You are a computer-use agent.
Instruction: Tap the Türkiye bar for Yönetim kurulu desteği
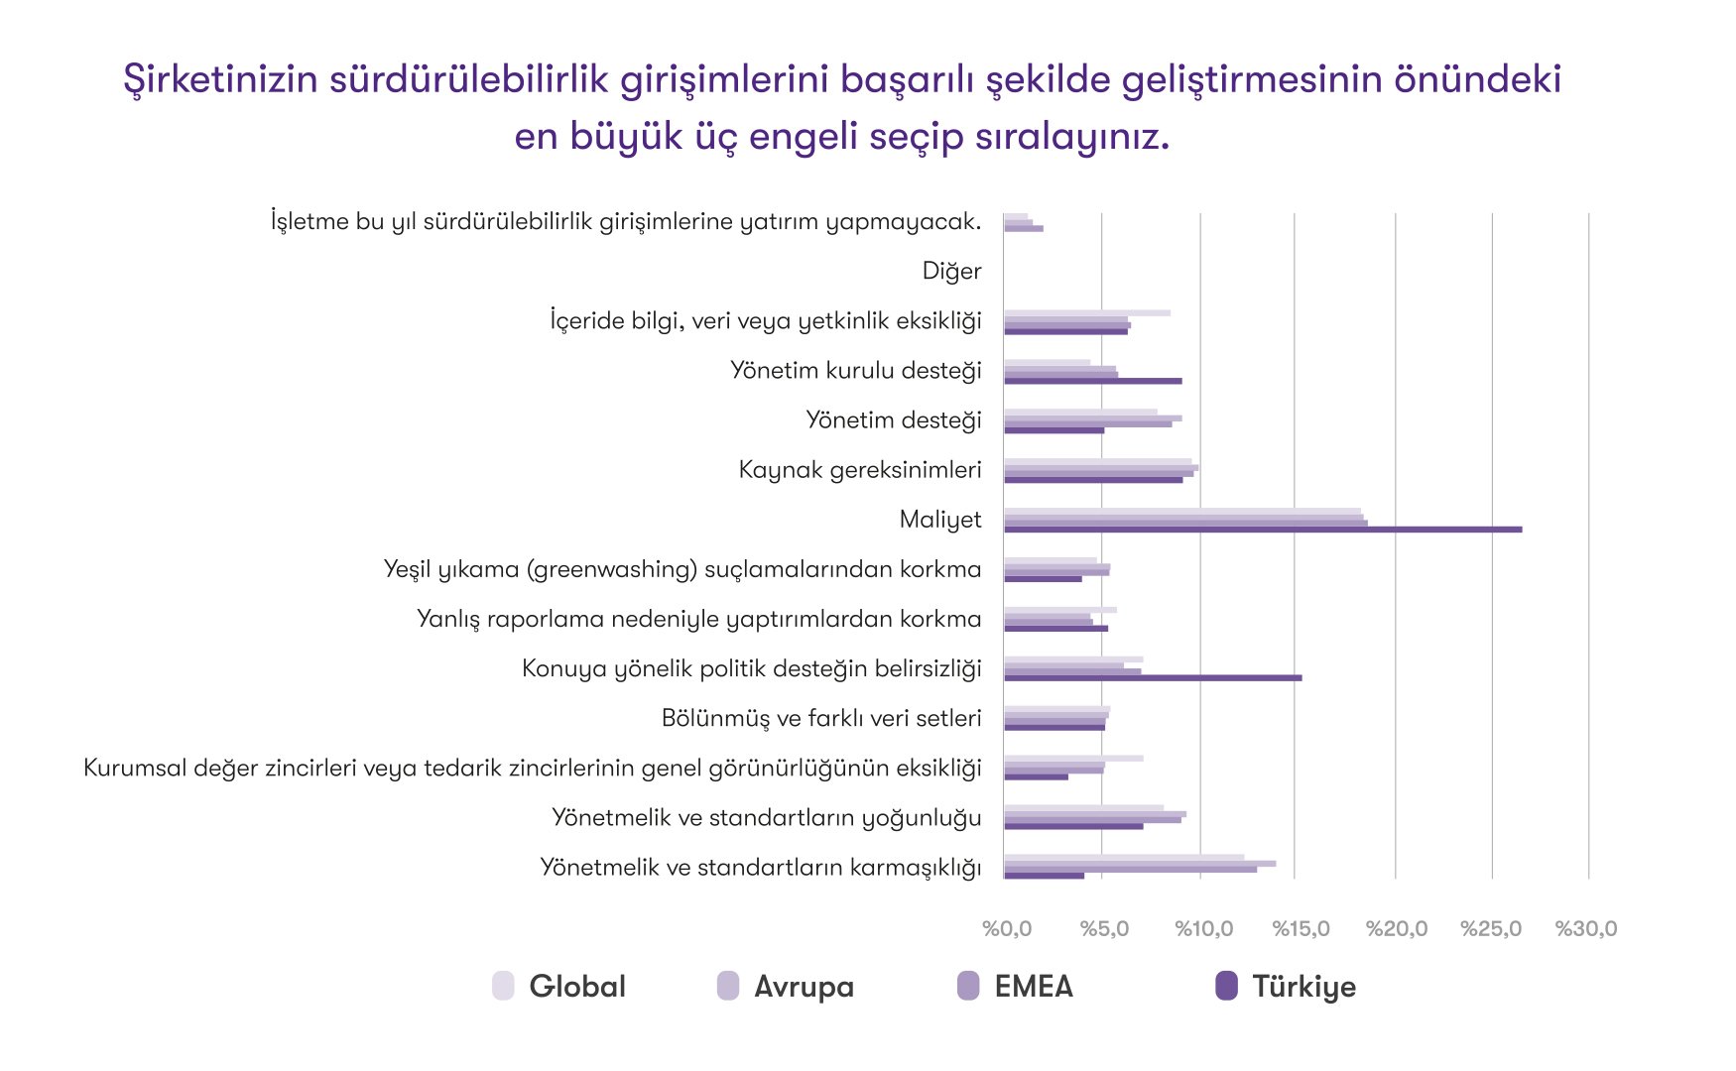point(1092,381)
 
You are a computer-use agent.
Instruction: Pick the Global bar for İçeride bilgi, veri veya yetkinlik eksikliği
point(1087,313)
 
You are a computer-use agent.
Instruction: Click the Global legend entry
point(560,987)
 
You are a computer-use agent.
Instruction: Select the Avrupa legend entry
point(786,987)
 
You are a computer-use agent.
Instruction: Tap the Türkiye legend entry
point(1287,987)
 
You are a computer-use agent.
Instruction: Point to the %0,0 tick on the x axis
point(1007,929)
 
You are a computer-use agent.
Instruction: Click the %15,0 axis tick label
point(1301,929)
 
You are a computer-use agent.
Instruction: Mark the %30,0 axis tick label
point(1585,929)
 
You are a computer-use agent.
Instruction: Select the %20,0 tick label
point(1396,929)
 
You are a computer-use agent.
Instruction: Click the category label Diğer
point(951,272)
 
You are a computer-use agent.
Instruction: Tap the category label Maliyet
point(939,520)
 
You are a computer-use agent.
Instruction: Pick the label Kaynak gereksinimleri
point(860,470)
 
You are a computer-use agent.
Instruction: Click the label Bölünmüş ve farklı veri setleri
point(821,718)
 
